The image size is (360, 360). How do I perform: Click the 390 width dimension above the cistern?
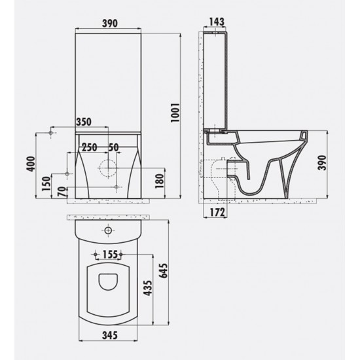click(109, 24)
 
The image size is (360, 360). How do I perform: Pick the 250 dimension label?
click(90, 146)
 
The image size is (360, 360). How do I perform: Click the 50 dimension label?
click(114, 146)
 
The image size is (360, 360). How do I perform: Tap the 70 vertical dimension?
click(60, 192)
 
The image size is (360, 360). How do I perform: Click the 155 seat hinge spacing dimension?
click(109, 254)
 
